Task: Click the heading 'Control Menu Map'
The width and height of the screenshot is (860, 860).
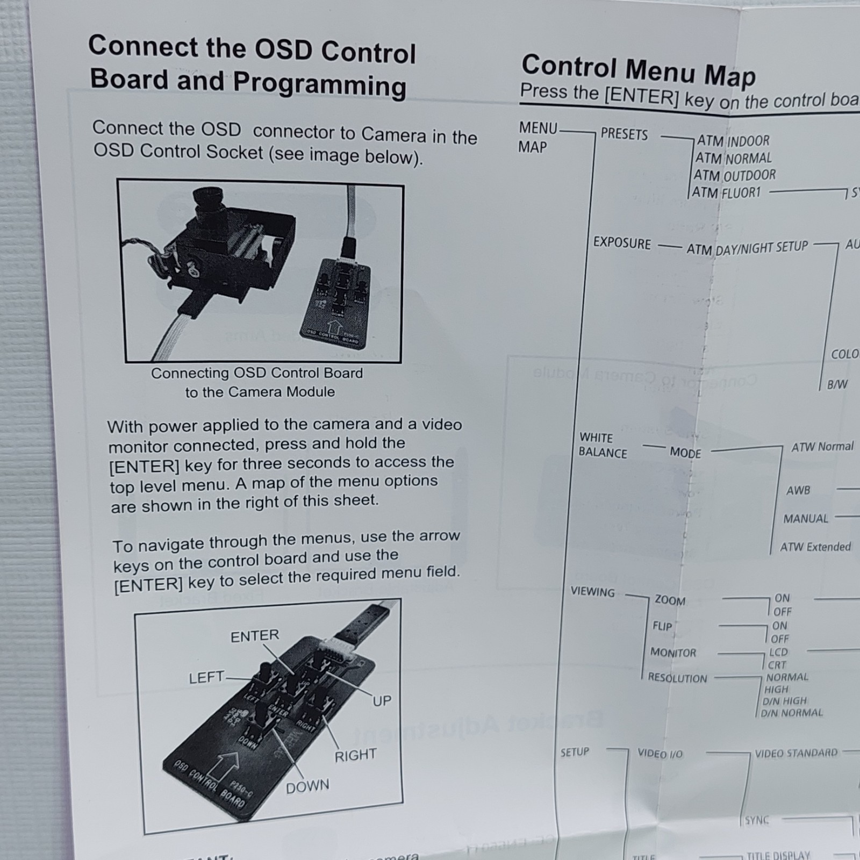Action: coord(638,70)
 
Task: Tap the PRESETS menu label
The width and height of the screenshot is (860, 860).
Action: coord(624,134)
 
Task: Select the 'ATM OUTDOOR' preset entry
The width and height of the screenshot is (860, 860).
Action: coord(734,175)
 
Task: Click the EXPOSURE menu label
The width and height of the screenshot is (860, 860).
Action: coord(621,243)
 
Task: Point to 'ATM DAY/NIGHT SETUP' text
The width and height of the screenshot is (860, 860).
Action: coord(747,248)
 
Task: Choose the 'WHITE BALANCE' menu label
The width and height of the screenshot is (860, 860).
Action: coord(602,446)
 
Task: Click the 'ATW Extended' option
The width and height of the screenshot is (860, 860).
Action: coord(815,547)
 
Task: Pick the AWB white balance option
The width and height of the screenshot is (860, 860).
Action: coord(798,490)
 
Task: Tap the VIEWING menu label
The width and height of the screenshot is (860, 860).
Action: coord(592,592)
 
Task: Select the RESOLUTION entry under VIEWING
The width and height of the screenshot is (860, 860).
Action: coord(677,678)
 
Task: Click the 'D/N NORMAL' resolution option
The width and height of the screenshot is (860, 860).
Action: coord(792,713)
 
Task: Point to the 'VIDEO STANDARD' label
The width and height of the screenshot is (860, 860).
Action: coord(796,753)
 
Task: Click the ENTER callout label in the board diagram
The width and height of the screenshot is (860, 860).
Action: coord(255,636)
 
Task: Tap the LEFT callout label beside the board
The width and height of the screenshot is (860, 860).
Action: coord(206,678)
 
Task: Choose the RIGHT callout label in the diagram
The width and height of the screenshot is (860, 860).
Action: coord(355,756)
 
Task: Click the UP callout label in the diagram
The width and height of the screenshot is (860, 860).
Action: coord(382,701)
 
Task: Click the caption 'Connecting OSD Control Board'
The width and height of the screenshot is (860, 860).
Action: coord(257,373)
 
